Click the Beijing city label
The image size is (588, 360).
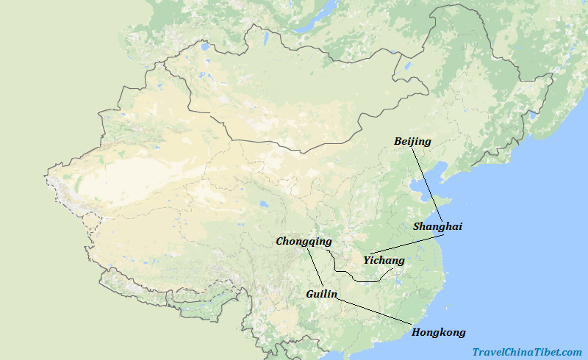click(x=412, y=141)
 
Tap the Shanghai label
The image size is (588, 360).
click(x=437, y=227)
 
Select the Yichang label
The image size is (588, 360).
click(x=384, y=260)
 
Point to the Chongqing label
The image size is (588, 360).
click(x=304, y=241)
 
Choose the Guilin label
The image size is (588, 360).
click(x=321, y=294)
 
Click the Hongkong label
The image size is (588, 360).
click(x=438, y=333)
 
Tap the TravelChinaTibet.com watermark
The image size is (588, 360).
click(x=526, y=352)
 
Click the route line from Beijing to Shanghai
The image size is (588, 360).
click(x=427, y=184)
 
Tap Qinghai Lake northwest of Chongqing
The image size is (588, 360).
click(x=262, y=205)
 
